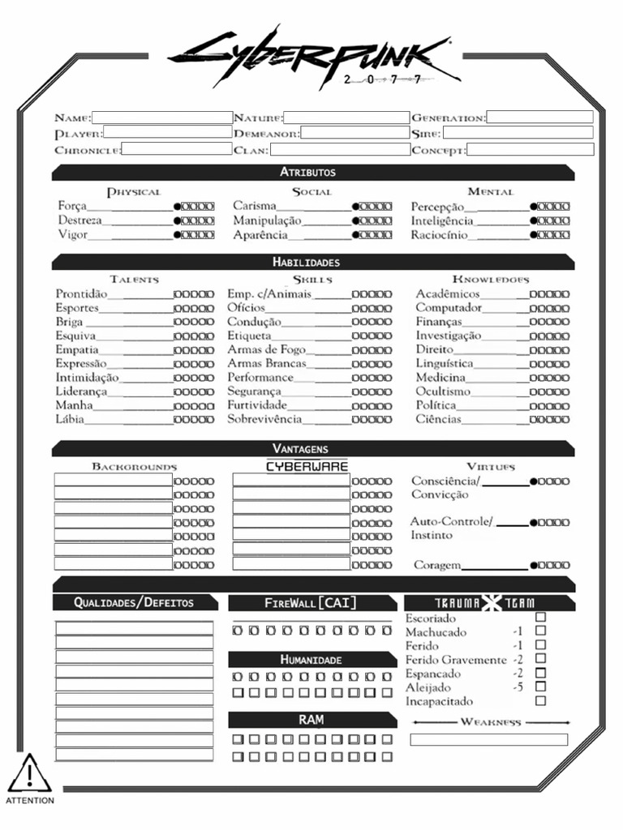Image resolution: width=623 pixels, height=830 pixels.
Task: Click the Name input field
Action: click(161, 118)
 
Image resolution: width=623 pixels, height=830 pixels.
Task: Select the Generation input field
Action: click(539, 118)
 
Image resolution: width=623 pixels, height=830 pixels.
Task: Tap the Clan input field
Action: click(339, 150)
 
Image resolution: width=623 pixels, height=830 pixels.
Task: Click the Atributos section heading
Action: click(307, 173)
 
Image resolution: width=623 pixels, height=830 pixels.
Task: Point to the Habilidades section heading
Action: click(306, 262)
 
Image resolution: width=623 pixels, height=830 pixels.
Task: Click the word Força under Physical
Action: click(72, 207)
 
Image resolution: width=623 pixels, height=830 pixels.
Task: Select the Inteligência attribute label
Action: click(442, 221)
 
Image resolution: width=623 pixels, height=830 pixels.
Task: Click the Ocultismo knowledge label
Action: click(443, 391)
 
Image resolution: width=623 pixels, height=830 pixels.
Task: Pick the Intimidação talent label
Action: click(87, 378)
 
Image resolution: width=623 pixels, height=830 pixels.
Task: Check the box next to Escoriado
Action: click(540, 618)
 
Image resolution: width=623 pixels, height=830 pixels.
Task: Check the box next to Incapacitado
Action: click(540, 701)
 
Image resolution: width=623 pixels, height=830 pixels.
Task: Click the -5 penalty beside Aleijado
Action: click(518, 687)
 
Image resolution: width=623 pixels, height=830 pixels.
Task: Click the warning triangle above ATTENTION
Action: click(29, 774)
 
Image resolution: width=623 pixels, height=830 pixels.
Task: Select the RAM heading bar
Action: click(311, 720)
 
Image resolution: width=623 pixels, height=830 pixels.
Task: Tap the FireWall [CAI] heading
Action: click(311, 603)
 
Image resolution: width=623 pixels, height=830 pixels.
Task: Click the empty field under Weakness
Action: click(488, 739)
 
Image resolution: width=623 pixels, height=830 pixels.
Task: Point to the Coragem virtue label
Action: click(437, 566)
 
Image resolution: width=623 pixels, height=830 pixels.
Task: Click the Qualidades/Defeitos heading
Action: click(134, 602)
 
